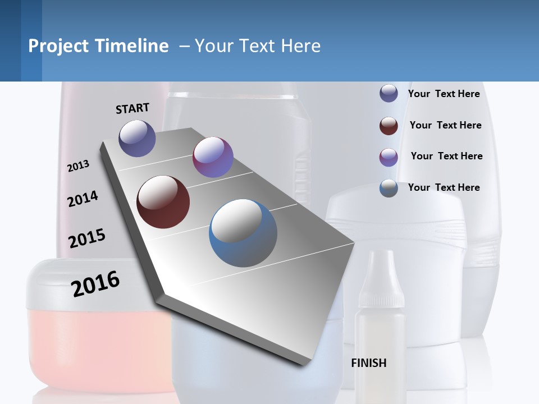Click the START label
click(x=133, y=108)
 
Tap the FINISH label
click(x=368, y=363)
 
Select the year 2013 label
click(x=79, y=166)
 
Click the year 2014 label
click(x=83, y=199)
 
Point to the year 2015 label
click(x=87, y=238)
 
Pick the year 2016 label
click(x=95, y=284)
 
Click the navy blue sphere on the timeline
click(x=137, y=138)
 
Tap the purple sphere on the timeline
click(x=213, y=157)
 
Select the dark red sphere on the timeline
click(x=163, y=202)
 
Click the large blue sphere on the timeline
click(x=243, y=233)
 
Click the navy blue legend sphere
click(x=389, y=94)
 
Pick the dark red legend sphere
click(x=389, y=126)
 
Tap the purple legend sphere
click(x=389, y=157)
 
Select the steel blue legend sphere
click(x=389, y=188)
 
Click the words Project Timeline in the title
click(x=98, y=46)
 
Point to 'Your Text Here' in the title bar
click(x=258, y=46)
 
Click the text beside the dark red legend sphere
click(x=445, y=125)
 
